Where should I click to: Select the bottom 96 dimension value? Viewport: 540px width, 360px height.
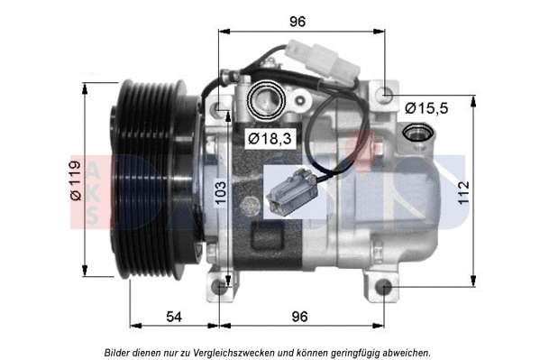(x=299, y=317)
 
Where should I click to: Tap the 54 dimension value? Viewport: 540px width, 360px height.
(x=174, y=317)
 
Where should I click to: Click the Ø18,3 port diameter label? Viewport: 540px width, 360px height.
(x=267, y=138)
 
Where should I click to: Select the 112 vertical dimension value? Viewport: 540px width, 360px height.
(x=463, y=191)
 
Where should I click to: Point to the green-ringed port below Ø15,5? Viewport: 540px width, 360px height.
(x=417, y=134)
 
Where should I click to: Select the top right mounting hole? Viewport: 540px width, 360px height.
(x=386, y=92)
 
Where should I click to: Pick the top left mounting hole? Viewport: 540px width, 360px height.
(x=222, y=108)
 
